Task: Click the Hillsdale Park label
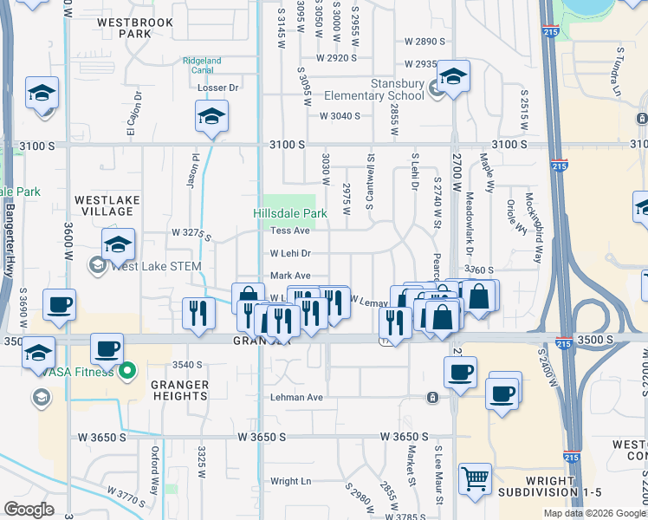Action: [x=289, y=213]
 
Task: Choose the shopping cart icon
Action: [x=475, y=479]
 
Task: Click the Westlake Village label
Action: [x=107, y=206]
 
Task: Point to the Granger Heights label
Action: [x=180, y=390]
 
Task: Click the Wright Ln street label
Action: [x=290, y=481]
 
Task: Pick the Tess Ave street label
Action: [x=289, y=231]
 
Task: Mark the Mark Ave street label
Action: [x=290, y=276]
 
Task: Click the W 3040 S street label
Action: [x=340, y=115]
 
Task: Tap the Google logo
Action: [x=29, y=509]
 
